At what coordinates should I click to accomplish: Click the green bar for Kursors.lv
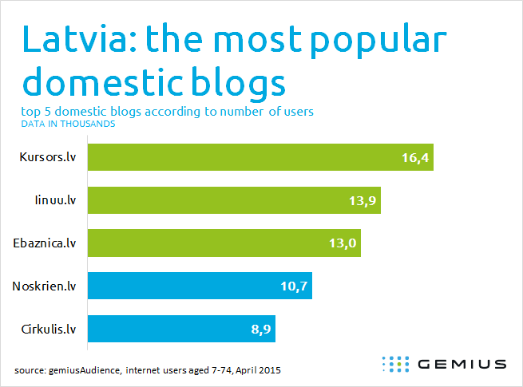260,157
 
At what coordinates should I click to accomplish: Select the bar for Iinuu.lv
234,200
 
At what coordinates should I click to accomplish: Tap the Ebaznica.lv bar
224,243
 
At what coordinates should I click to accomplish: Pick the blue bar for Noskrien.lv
200,286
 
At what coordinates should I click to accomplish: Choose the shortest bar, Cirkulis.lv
181,329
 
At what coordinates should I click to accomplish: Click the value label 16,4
415,158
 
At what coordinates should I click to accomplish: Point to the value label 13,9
363,200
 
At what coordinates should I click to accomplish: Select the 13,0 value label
343,243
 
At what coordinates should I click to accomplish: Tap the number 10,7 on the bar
294,286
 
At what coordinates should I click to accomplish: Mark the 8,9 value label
261,330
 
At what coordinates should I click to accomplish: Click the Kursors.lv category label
48,157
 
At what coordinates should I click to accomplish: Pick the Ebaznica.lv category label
45,243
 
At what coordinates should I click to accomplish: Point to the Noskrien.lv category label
44,286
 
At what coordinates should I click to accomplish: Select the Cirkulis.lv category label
49,329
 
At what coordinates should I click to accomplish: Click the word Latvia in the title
79,38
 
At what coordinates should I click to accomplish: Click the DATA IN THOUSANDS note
68,124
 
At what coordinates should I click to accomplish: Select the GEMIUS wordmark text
462,364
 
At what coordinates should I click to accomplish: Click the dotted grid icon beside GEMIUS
395,364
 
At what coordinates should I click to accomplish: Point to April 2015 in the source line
258,370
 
